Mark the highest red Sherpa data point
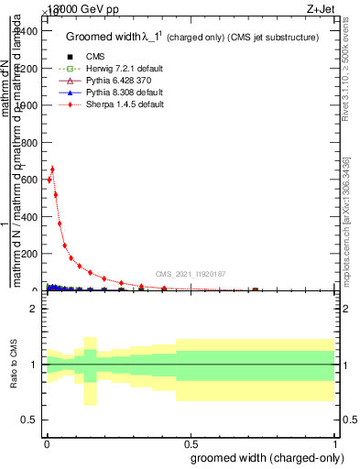click(x=53, y=169)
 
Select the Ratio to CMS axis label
click(x=14, y=365)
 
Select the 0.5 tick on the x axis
click(x=191, y=442)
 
